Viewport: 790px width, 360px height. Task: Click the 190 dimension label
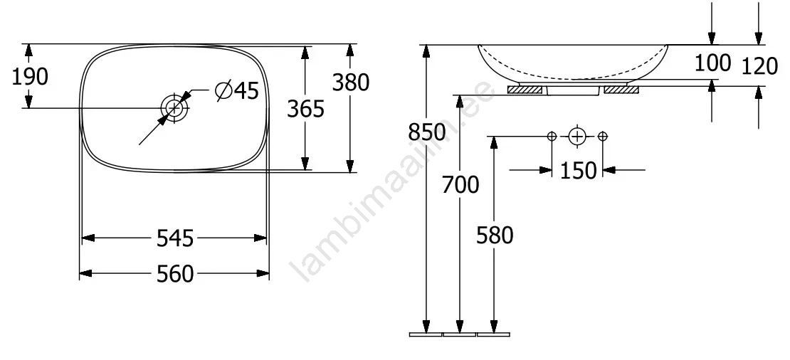pos(30,77)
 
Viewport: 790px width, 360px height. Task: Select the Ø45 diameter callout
pos(237,90)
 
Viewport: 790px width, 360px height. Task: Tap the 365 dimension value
pos(306,108)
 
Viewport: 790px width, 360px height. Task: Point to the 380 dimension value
pos(351,83)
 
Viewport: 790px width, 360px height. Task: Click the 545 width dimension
pos(175,238)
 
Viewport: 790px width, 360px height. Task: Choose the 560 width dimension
pos(175,274)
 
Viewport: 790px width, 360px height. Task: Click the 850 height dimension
pos(427,132)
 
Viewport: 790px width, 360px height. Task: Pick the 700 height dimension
pos(460,185)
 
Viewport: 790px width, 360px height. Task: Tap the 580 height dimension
pos(495,235)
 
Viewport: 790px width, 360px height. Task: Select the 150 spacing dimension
pos(578,171)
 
